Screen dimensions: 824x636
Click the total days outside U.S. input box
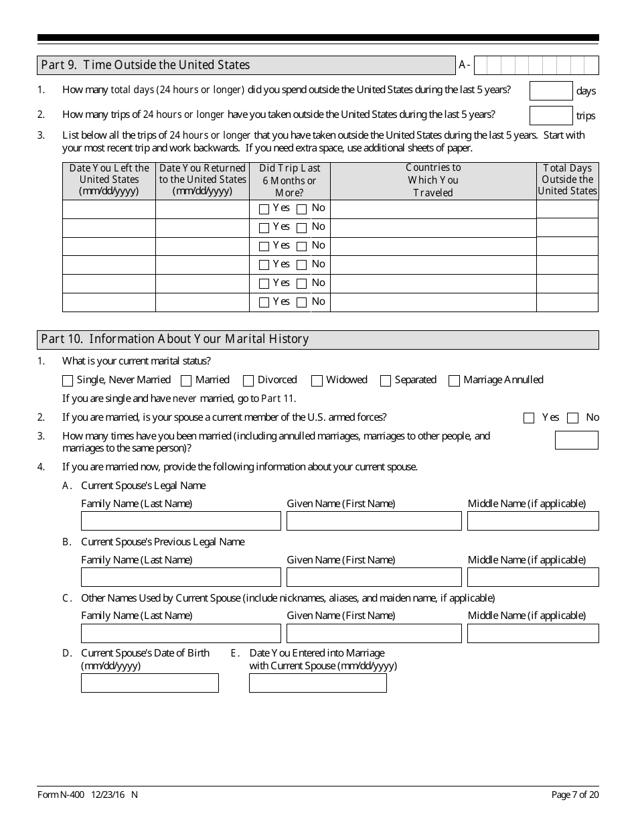(551, 90)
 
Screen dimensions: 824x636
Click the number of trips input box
(551, 115)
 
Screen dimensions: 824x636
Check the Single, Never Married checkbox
(68, 381)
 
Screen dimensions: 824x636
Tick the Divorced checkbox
(248, 381)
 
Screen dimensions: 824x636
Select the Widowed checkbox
(317, 381)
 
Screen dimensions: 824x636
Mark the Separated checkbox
(386, 381)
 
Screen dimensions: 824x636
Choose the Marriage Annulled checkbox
(455, 381)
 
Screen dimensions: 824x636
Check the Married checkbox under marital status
(186, 381)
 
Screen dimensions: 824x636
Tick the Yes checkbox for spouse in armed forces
(529, 418)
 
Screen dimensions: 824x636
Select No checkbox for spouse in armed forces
(572, 418)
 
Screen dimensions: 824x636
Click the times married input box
(576, 440)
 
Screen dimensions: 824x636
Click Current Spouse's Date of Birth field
(149, 683)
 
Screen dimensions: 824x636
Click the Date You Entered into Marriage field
(317, 683)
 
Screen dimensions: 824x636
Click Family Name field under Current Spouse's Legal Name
(181, 521)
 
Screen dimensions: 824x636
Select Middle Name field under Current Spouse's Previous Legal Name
(533, 577)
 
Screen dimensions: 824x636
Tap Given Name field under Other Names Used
(374, 633)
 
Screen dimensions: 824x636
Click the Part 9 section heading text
(145, 65)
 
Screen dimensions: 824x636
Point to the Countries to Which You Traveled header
(433, 180)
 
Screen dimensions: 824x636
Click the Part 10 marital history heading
(175, 339)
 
